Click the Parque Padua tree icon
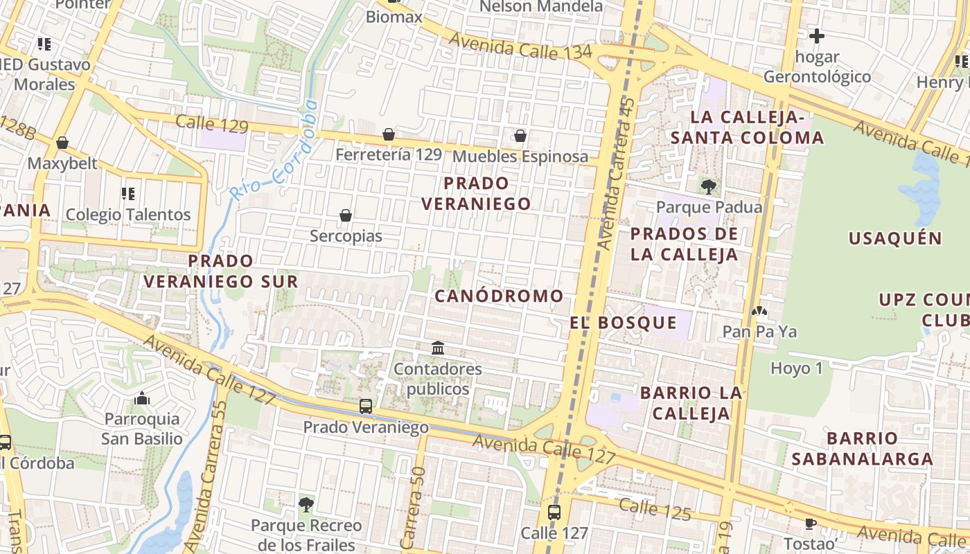(x=708, y=186)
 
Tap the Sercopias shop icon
(x=346, y=216)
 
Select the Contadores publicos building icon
(x=438, y=348)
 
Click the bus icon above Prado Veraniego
(x=366, y=406)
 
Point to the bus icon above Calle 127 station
(x=554, y=512)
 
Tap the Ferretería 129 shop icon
(x=389, y=134)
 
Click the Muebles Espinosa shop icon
(x=520, y=136)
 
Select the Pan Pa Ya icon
(x=759, y=312)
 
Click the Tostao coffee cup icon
(x=810, y=523)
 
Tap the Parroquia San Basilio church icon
(x=142, y=398)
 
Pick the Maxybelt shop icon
(x=62, y=143)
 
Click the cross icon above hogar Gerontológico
(x=817, y=35)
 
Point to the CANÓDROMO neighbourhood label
(x=499, y=296)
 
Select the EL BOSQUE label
(x=624, y=322)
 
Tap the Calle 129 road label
(x=211, y=125)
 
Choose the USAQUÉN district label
(x=895, y=238)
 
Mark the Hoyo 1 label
(x=796, y=368)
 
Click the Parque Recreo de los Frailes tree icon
(x=306, y=504)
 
